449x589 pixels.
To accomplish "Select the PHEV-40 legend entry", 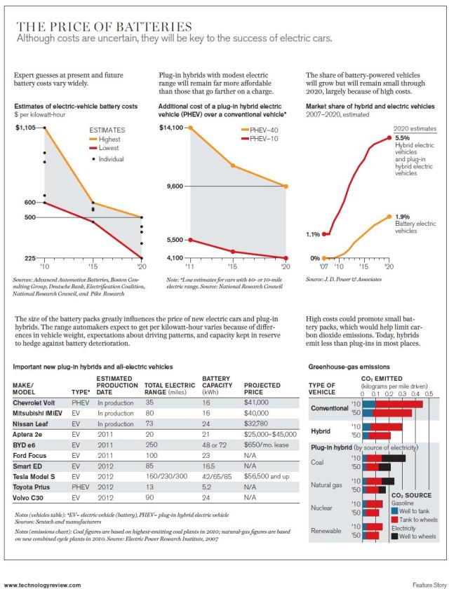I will tap(263, 130).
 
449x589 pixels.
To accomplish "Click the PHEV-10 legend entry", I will tap(263, 140).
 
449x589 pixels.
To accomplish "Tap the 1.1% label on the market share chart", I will tap(314, 234).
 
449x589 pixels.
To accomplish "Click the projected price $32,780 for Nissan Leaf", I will tap(256, 424).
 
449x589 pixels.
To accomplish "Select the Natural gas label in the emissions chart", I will tap(328, 485).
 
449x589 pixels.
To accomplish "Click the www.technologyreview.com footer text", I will tap(42, 583).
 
